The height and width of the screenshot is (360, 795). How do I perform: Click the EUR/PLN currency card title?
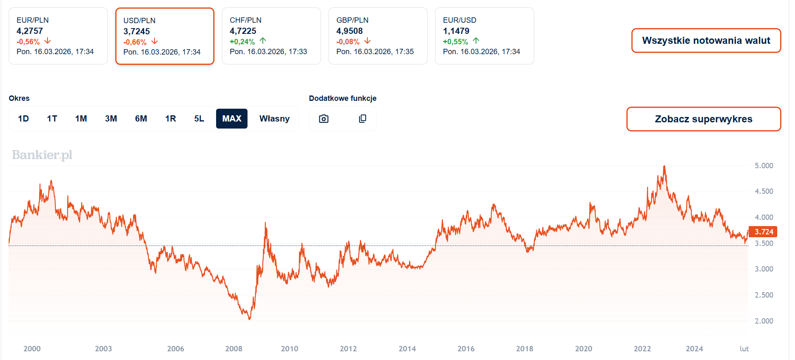(x=33, y=20)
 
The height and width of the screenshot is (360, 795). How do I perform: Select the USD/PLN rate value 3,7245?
(x=136, y=31)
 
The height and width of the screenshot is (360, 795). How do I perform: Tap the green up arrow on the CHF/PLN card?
(x=263, y=41)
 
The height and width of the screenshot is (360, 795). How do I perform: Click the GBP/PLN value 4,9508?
(x=349, y=31)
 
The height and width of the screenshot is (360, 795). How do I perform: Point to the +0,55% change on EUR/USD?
(x=455, y=42)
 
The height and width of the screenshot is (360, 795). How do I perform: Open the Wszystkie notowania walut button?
(x=706, y=41)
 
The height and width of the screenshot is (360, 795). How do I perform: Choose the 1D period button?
(x=24, y=119)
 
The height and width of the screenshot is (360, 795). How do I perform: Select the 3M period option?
(x=111, y=119)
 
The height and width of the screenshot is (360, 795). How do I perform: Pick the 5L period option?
(x=199, y=119)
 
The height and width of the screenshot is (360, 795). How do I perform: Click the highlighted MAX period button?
(x=231, y=119)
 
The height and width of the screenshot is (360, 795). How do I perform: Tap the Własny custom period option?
(x=274, y=119)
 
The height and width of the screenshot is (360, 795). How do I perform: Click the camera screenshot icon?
(x=324, y=119)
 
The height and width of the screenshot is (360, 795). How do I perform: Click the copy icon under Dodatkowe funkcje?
(x=362, y=119)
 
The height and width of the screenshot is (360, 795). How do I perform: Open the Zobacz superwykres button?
(x=703, y=119)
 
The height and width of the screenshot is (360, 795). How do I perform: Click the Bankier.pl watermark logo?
(x=42, y=155)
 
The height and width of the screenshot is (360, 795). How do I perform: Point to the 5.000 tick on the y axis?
(x=764, y=166)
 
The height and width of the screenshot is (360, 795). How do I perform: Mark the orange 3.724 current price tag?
(x=764, y=232)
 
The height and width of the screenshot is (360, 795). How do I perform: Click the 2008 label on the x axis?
(x=234, y=349)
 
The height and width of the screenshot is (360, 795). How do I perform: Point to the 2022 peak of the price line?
(x=664, y=166)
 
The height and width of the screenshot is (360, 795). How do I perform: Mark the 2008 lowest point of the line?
(x=249, y=319)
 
